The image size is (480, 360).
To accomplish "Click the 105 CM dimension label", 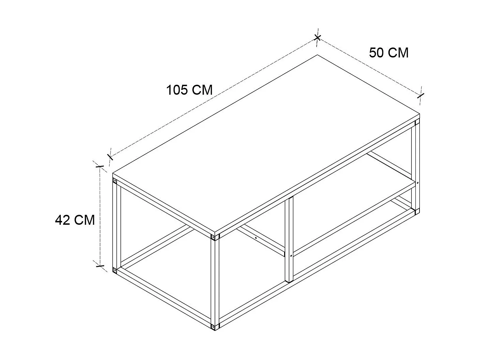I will coord(189,90).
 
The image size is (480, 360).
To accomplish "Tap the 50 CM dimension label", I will coord(388,53).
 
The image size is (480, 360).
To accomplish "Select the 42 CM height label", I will coord(75,220).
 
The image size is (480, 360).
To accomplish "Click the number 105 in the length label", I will coord(177,90).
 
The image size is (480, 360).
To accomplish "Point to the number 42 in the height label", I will coord(63,220).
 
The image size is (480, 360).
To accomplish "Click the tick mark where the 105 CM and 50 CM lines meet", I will coord(317,37).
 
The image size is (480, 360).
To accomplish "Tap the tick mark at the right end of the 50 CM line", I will coord(421,95).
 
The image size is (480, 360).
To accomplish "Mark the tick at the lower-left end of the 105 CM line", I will coord(110,157).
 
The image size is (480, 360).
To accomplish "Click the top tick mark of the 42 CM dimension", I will coord(100,166).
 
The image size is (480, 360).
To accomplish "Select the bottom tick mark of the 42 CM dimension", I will coord(100,266).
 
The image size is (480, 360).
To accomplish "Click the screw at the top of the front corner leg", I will coord(213,237).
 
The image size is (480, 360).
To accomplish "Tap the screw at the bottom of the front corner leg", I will coord(213,326).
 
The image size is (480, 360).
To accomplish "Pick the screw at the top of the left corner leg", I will coord(115,181).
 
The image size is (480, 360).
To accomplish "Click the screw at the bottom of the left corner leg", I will coord(115,270).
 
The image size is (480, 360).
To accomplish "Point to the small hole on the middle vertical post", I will coord(290,256).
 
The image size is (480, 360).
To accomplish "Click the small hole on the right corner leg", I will coord(418,183).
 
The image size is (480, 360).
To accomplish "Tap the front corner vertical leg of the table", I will coord(215,282).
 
